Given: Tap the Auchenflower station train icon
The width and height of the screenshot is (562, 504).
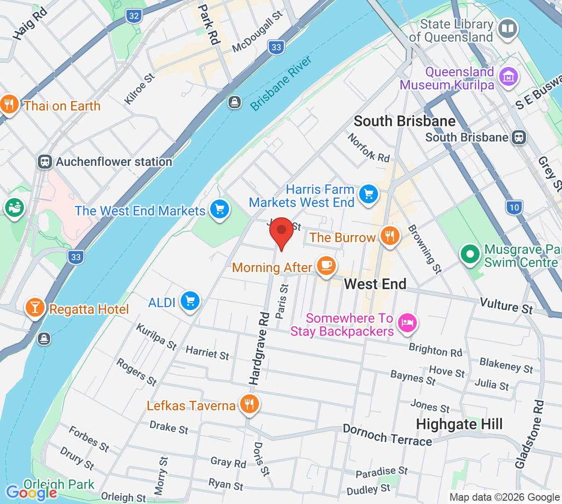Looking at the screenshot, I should click(44, 162).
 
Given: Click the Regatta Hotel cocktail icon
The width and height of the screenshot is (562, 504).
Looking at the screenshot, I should click(35, 307).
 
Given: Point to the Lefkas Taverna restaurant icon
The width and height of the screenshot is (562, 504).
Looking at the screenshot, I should click(249, 404).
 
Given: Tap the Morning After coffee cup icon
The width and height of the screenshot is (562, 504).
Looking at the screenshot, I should click(326, 266).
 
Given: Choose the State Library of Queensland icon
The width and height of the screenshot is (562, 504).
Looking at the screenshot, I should click(507, 29).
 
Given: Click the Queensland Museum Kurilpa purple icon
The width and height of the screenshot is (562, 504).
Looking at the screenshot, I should click(509, 76).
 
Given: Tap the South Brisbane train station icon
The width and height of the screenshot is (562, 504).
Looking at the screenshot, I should click(519, 137).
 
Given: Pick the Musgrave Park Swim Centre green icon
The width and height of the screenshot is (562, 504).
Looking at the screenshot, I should click(470, 254).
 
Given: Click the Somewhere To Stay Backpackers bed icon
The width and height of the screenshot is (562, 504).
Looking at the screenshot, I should click(407, 323).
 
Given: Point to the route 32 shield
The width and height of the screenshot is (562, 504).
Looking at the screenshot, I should click(134, 16).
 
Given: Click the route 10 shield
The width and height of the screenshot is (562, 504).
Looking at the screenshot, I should click(514, 208).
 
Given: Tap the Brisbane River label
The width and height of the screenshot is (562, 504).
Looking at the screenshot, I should click(281, 84).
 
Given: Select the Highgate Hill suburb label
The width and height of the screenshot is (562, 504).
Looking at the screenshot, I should click(459, 424).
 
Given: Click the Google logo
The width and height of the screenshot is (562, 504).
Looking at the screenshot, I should click(31, 493).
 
